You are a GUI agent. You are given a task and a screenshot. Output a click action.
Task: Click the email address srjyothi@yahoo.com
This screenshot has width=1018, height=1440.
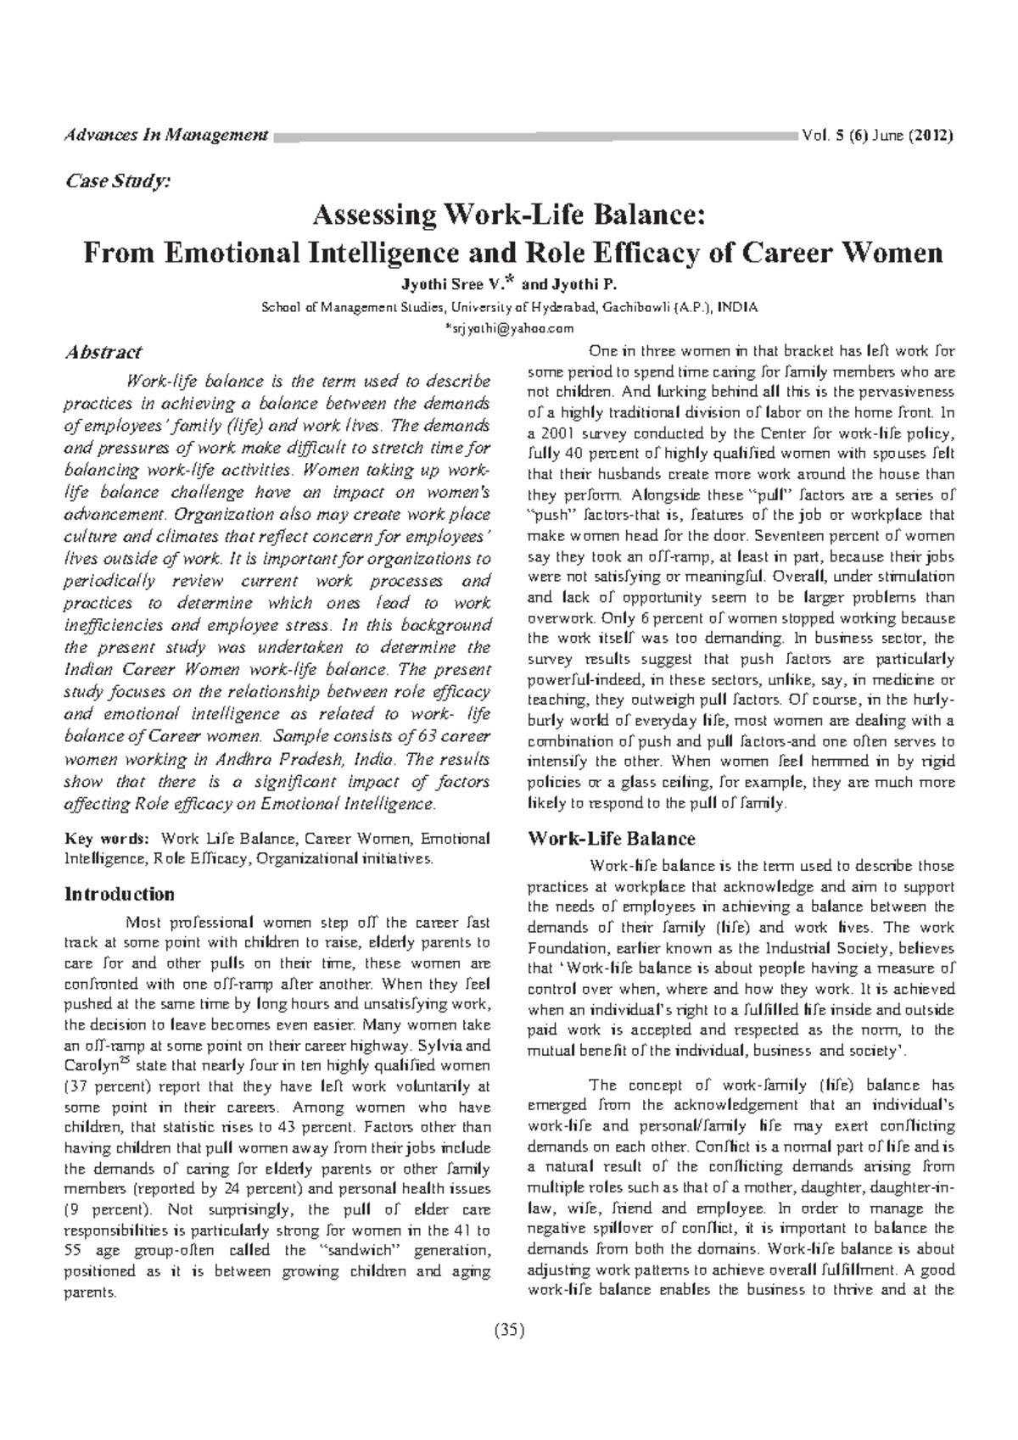coord(509,328)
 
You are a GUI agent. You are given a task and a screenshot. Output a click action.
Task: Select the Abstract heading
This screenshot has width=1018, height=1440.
coord(103,352)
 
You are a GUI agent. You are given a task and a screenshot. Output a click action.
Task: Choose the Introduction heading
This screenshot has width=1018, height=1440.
coord(120,894)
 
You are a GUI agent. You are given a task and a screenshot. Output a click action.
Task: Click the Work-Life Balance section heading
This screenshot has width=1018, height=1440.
coord(611,839)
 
